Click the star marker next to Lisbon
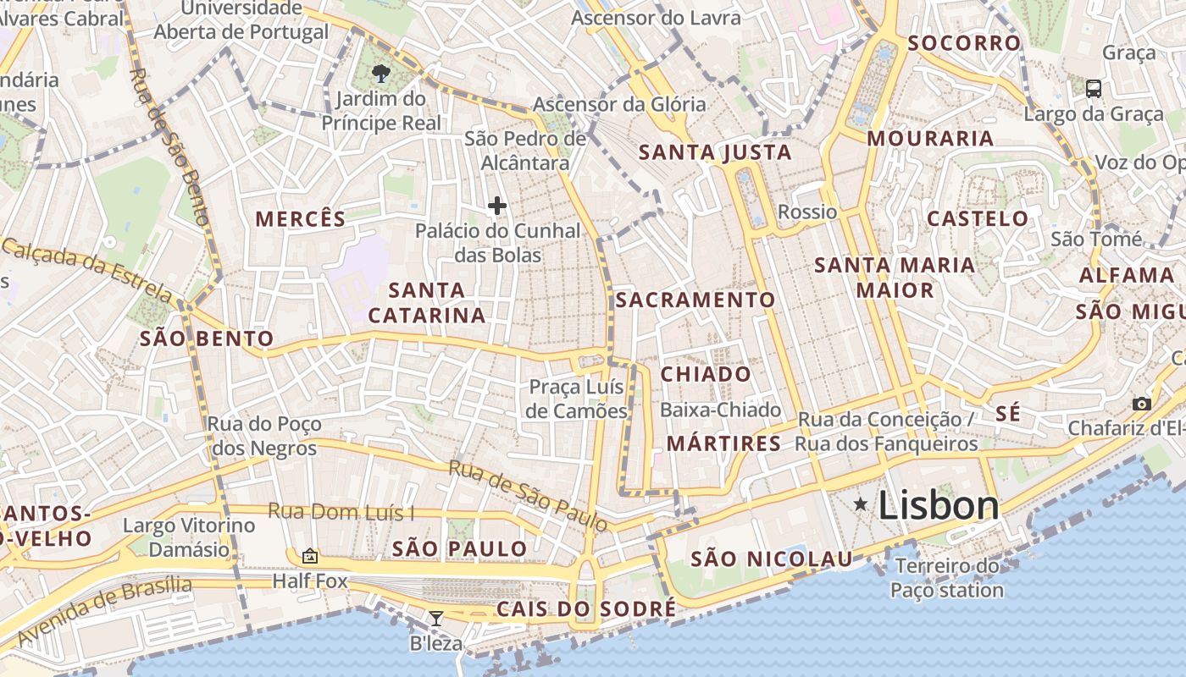click(x=861, y=504)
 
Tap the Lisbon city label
click(x=939, y=505)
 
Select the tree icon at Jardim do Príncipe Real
click(x=381, y=72)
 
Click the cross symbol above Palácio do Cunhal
click(x=497, y=205)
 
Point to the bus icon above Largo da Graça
click(x=1094, y=88)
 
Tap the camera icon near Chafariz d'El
click(x=1142, y=404)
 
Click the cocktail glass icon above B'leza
click(x=435, y=619)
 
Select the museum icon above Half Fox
click(x=310, y=556)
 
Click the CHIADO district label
click(x=706, y=374)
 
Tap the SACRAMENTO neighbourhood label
click(x=695, y=300)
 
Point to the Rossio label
click(x=807, y=212)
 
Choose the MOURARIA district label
click(x=930, y=139)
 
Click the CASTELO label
click(x=978, y=218)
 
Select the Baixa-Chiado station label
click(x=720, y=410)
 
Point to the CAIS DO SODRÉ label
click(x=586, y=609)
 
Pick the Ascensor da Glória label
click(x=618, y=105)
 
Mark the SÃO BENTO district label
click(x=207, y=339)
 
